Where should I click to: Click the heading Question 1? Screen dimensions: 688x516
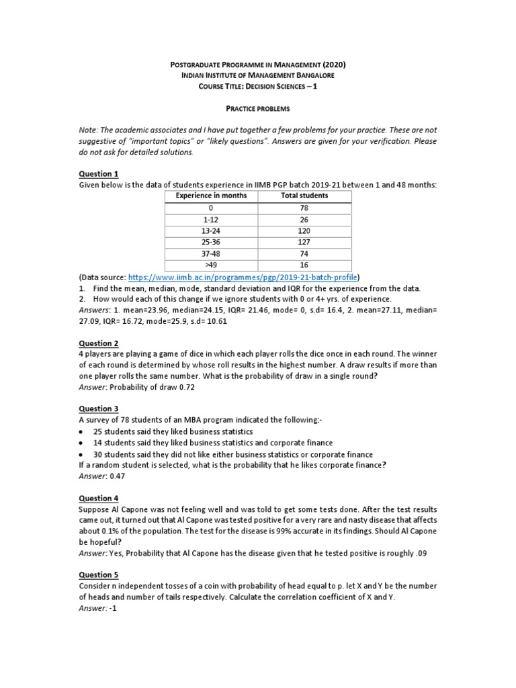[x=99, y=173]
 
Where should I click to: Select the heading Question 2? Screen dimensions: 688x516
[x=99, y=343]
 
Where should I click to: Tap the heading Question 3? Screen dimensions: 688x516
[x=99, y=408]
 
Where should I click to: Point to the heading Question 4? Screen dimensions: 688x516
[x=99, y=499]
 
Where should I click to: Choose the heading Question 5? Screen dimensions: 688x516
[x=99, y=574]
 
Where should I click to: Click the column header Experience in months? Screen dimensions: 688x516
[x=211, y=196]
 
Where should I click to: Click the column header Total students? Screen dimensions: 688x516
[x=304, y=196]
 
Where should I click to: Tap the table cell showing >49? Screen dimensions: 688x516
[x=211, y=264]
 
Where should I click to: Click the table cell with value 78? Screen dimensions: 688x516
[x=304, y=208]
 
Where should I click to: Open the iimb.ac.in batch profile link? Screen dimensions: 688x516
[x=243, y=277]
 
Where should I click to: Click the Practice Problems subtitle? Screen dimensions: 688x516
[x=258, y=107]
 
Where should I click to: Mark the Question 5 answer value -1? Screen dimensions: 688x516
[x=113, y=609]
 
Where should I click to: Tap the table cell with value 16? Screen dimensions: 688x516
[x=304, y=264]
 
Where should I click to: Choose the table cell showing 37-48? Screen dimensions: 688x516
[x=211, y=253]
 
